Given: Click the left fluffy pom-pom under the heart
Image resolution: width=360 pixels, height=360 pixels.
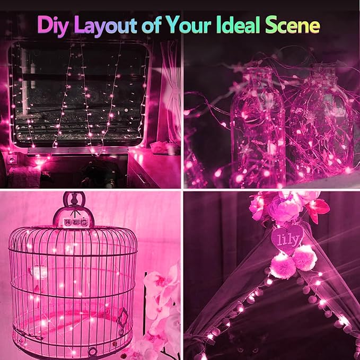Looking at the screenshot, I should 282,265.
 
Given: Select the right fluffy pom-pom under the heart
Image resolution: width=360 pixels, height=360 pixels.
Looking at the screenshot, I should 305,258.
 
